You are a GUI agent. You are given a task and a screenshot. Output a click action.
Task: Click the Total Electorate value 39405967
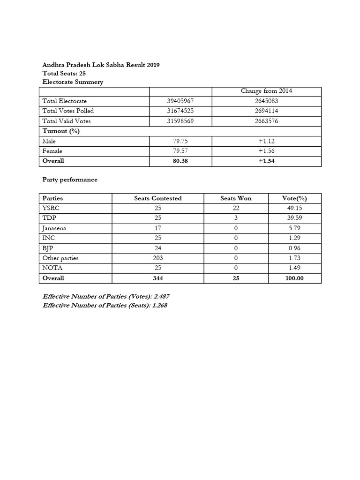(x=180, y=101)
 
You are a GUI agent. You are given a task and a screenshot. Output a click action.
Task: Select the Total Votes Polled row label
(x=68, y=111)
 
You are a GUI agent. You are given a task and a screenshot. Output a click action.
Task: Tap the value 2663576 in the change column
(x=267, y=121)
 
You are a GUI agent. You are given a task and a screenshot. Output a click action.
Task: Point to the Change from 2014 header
(x=266, y=91)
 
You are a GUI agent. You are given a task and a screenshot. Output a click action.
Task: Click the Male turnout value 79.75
(x=180, y=141)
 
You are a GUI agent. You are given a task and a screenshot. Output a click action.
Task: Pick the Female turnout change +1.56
(x=267, y=151)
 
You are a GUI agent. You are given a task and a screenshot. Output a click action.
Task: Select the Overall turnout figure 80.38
(x=180, y=161)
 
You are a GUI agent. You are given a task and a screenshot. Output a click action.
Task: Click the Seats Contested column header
(x=157, y=198)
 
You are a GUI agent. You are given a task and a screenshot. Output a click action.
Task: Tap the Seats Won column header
(x=236, y=198)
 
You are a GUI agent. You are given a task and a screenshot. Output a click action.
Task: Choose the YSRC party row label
(x=51, y=208)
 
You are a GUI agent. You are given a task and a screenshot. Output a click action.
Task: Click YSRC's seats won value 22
(x=236, y=208)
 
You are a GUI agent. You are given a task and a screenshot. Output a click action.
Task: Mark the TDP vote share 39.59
(x=295, y=218)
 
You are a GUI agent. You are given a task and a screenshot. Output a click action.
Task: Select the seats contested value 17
(x=157, y=228)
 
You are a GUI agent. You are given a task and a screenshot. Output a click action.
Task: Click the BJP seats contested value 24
(x=157, y=248)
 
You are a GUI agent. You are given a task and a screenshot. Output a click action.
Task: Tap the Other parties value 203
(x=157, y=258)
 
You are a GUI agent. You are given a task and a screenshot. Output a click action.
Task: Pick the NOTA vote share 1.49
(x=295, y=268)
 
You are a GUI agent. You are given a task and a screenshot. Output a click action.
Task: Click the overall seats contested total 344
(x=157, y=278)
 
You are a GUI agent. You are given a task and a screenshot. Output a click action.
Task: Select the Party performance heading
(x=70, y=180)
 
